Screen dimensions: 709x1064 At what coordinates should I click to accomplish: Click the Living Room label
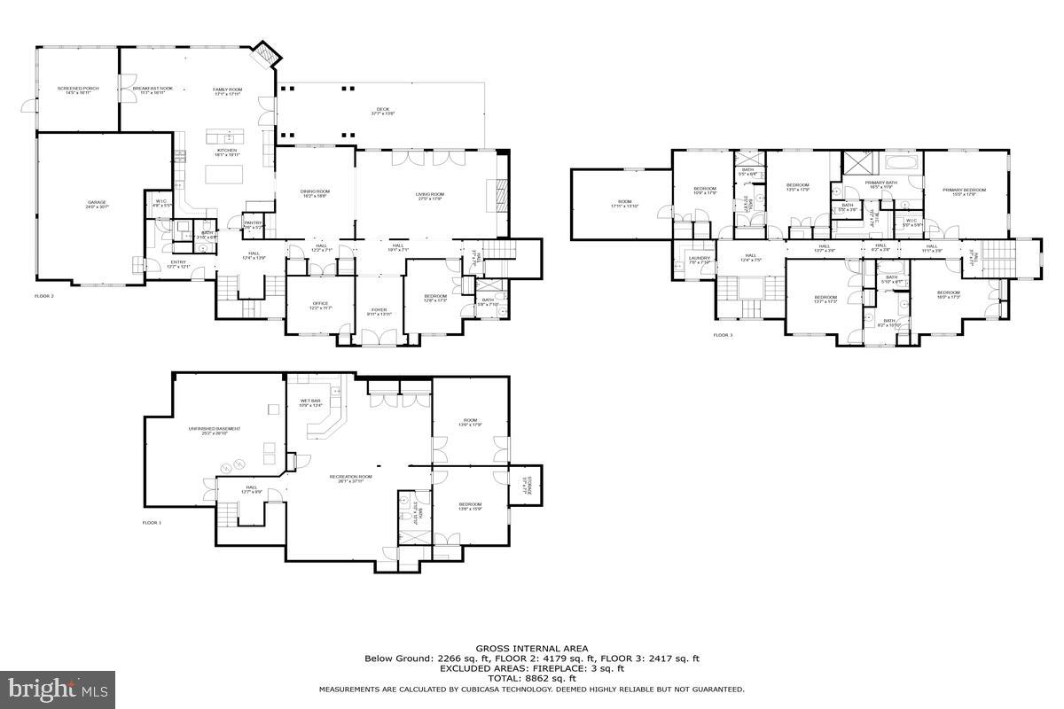click(430, 196)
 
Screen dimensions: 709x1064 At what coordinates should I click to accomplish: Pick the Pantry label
click(253, 224)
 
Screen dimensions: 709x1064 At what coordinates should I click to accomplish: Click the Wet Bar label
click(310, 403)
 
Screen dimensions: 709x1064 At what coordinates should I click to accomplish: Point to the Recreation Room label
click(350, 479)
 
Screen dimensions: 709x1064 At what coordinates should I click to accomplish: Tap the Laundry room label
click(700, 261)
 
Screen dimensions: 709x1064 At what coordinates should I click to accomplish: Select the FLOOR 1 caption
click(153, 523)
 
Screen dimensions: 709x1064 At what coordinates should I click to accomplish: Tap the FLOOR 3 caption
click(724, 335)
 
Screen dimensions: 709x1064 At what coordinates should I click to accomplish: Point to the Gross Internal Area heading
click(532, 649)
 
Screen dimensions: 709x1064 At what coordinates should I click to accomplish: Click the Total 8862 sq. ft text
click(532, 678)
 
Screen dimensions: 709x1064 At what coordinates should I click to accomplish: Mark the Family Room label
click(227, 90)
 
